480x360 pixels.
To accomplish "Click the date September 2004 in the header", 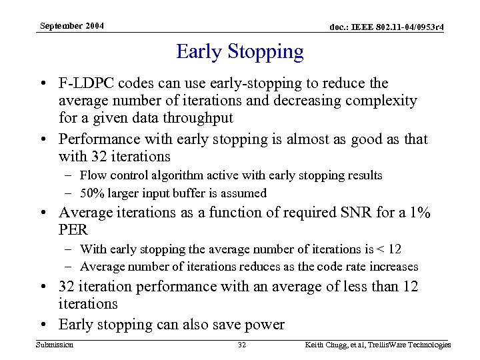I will [71, 25].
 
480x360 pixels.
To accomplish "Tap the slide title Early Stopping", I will [240, 51].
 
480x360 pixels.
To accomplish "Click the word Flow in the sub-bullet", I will [92, 175].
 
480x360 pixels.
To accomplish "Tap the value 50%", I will [92, 193].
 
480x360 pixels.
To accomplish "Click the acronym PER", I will [73, 231].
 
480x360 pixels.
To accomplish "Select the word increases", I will [393, 267].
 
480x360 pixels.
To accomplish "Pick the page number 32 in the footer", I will [241, 345].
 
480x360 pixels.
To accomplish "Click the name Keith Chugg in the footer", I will [328, 345].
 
